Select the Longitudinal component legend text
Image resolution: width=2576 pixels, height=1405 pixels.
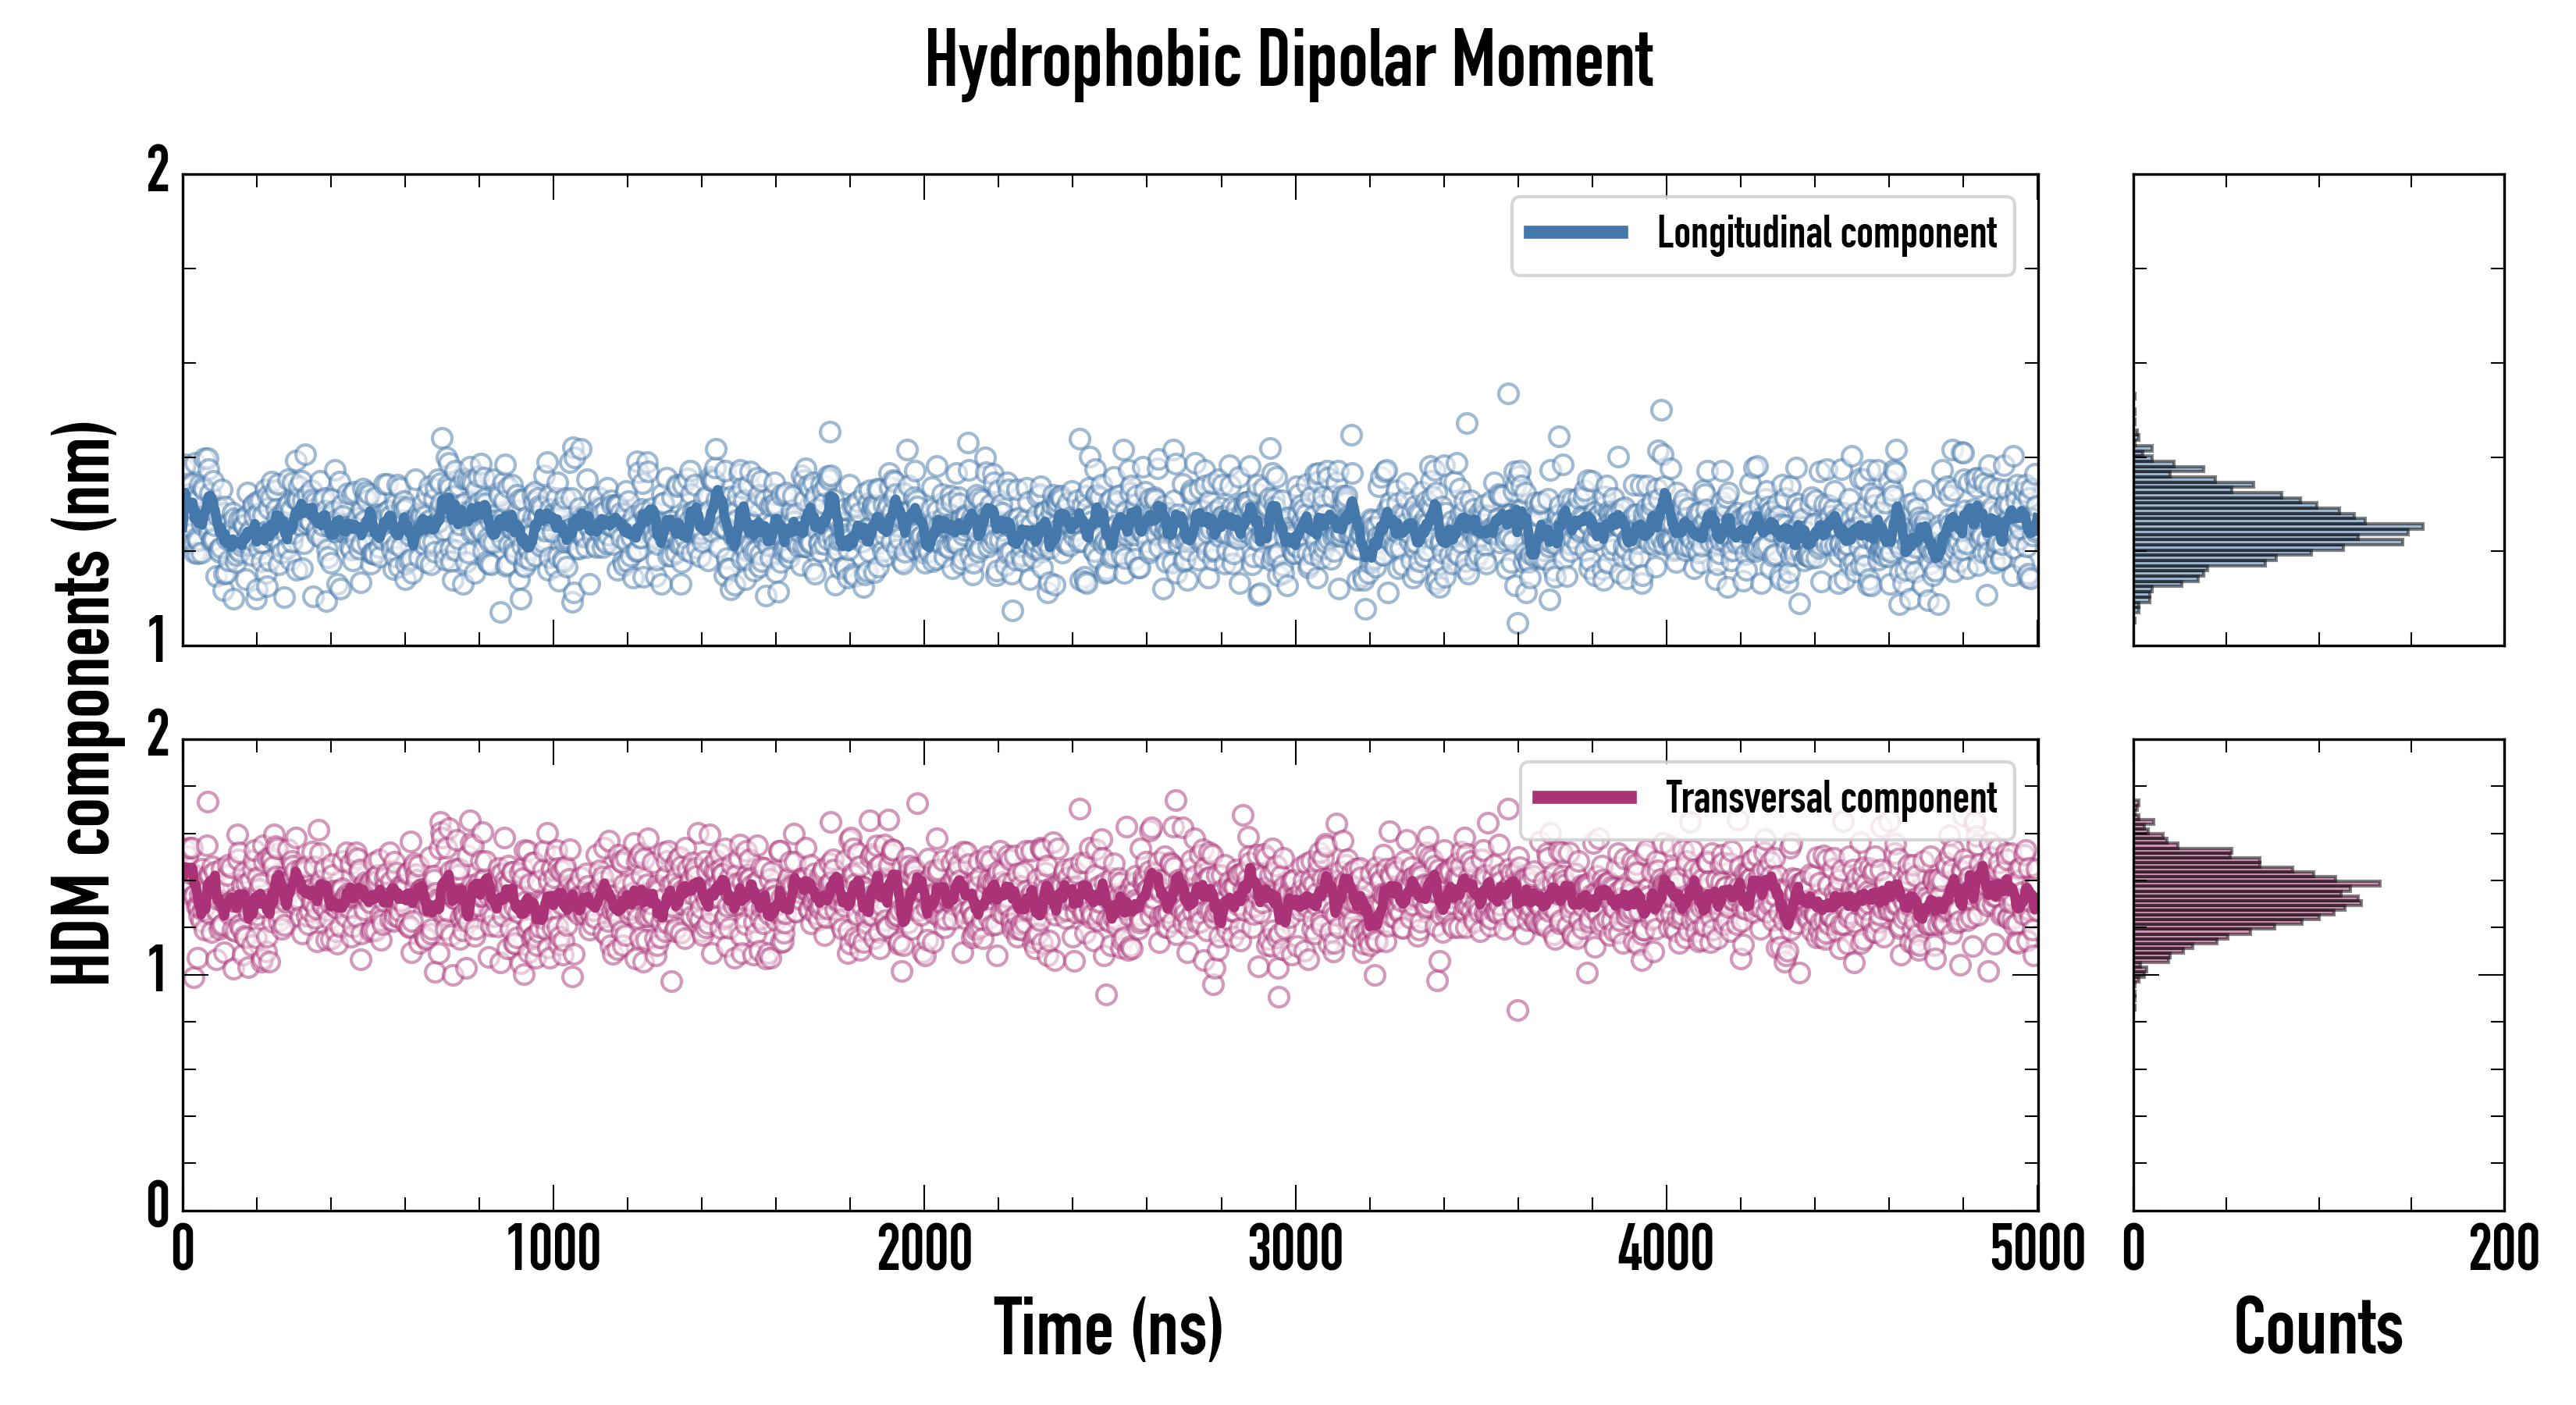pos(1826,233)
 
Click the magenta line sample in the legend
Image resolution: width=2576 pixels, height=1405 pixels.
pos(1584,798)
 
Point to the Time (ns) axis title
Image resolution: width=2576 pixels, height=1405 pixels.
pos(1108,1328)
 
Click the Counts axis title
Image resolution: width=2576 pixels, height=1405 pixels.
pos(2318,1328)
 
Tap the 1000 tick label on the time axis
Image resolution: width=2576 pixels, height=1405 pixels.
pos(553,1250)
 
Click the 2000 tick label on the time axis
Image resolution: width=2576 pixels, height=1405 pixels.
pos(924,1250)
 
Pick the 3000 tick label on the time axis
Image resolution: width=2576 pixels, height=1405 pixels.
pos(1295,1250)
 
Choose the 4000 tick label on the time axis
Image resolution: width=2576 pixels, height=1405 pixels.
pos(1666,1250)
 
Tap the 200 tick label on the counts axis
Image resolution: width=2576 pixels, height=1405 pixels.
pos(2503,1250)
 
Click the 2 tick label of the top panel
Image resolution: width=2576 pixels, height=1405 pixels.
pos(158,172)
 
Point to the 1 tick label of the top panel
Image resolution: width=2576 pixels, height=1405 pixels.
pos(158,642)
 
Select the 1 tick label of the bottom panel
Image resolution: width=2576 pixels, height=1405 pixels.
pos(158,970)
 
